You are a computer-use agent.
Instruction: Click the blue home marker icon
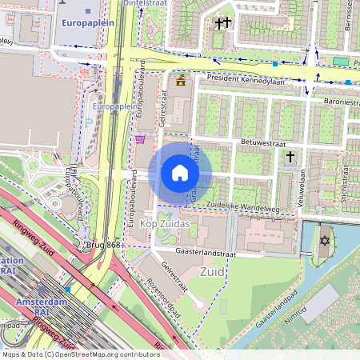coord(180,172)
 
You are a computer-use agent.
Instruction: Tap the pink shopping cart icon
coord(141,139)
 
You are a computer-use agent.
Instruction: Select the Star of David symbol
coord(326,240)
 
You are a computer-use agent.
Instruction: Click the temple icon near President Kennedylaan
coord(180,80)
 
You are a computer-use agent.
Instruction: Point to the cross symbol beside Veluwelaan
coord(290,158)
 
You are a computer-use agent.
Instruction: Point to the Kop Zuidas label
coord(165,222)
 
